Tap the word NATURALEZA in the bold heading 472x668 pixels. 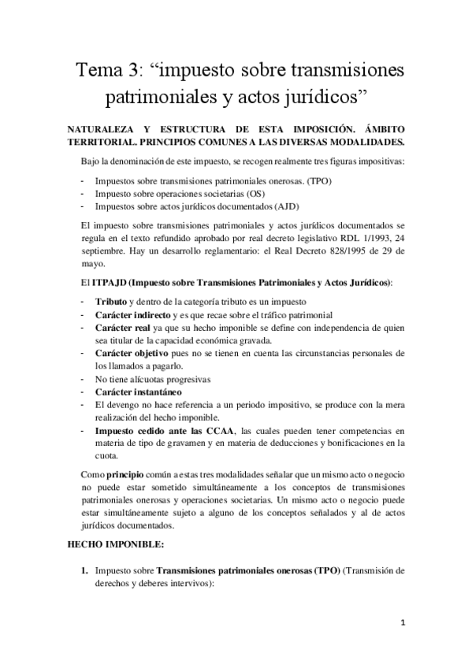pyautogui.click(x=97, y=128)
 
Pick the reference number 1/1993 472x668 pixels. pyautogui.click(x=367, y=239)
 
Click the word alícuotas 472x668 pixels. pyautogui.click(x=159, y=379)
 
